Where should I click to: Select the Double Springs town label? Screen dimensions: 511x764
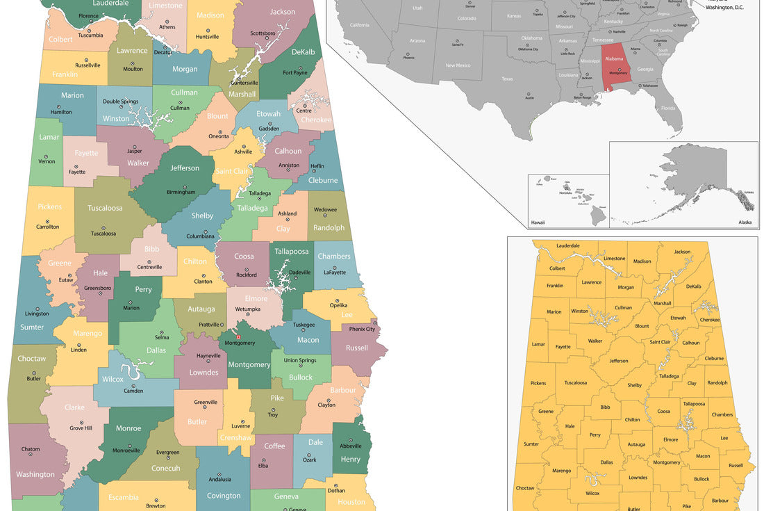[121, 102]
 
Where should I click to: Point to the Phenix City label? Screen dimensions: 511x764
[361, 329]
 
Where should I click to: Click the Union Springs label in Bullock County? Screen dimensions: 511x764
[300, 360]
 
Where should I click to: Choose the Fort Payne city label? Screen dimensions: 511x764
[295, 72]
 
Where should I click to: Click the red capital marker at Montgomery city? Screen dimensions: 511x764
[238, 337]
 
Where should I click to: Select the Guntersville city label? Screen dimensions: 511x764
[244, 83]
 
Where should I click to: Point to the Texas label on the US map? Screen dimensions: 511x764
[508, 79]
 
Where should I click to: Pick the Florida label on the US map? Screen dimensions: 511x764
[667, 108]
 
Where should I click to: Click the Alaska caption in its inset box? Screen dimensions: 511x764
[745, 222]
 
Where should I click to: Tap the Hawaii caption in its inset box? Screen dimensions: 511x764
[538, 222]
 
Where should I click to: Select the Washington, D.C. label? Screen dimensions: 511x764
[724, 7]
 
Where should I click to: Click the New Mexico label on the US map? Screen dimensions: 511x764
[458, 65]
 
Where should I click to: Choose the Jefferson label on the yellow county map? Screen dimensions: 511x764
[619, 361]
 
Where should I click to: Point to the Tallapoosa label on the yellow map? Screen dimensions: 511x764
[694, 403]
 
